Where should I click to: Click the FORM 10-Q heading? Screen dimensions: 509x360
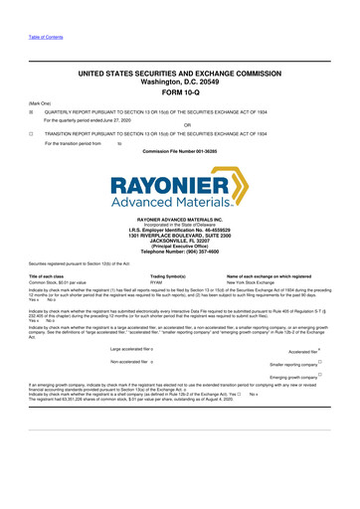point(179,91)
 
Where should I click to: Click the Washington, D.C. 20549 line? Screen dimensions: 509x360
point(179,82)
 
